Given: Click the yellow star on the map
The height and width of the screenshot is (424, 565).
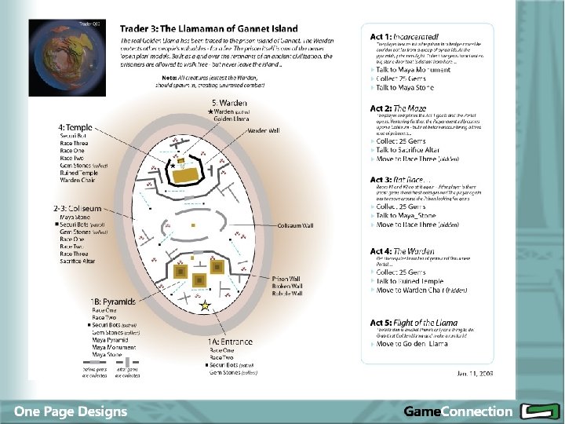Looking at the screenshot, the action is (x=205, y=307).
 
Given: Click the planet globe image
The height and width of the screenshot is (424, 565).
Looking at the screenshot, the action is (x=68, y=58).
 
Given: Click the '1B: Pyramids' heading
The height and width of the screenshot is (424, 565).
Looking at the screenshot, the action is (x=112, y=302).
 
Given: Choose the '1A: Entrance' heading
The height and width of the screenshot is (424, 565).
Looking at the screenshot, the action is (x=230, y=342).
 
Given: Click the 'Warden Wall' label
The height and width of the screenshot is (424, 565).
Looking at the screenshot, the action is (x=263, y=130).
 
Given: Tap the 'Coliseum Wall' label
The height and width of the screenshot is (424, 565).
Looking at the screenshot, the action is (x=295, y=225).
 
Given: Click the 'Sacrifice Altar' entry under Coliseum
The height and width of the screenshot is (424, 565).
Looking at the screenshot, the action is (x=77, y=261).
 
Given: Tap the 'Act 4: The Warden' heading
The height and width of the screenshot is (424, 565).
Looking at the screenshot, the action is (x=403, y=251).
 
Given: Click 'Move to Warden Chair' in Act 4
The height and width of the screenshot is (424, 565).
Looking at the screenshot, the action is (x=421, y=291).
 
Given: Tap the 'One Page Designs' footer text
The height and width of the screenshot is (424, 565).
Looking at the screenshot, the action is (x=70, y=411).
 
